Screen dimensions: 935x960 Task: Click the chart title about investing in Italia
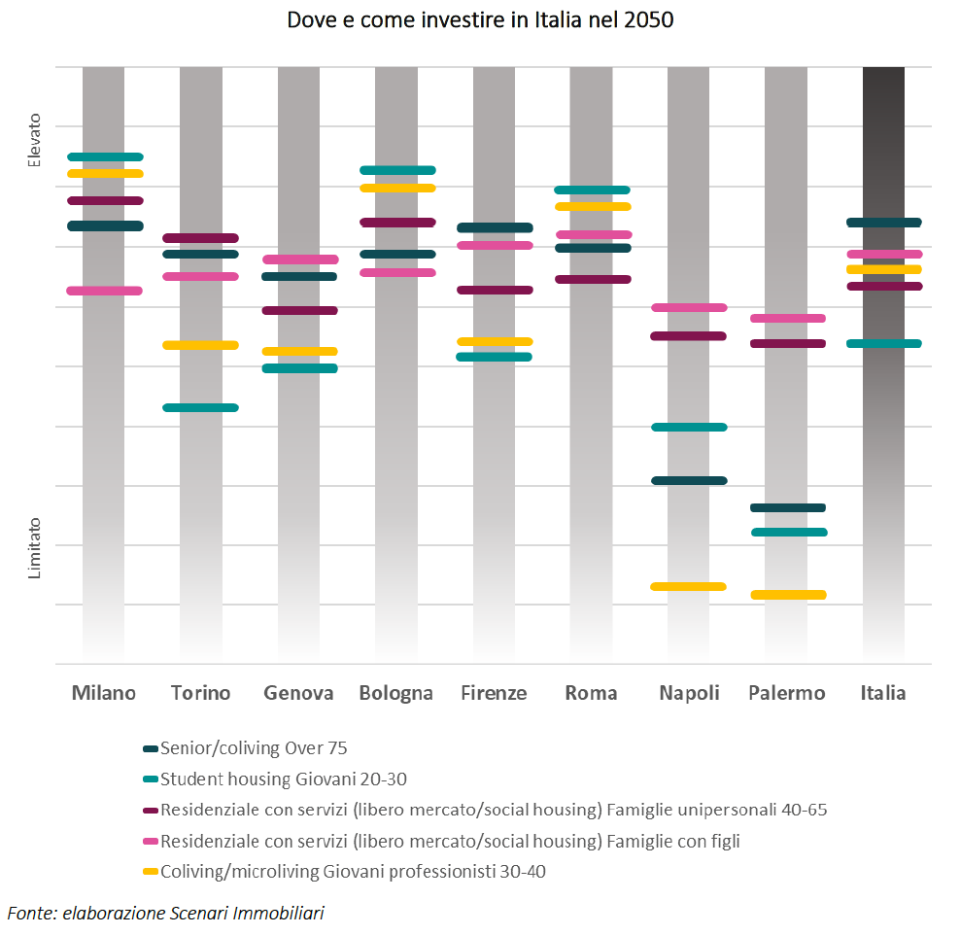tap(480, 20)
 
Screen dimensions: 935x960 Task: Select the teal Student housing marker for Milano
tap(105, 156)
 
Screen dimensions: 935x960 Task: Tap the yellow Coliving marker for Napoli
tap(688, 586)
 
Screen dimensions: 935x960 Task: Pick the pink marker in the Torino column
tap(201, 276)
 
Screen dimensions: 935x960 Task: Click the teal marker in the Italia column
tap(883, 343)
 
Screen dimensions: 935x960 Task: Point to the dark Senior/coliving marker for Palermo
tap(788, 507)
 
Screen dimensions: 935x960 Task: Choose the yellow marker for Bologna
tap(397, 188)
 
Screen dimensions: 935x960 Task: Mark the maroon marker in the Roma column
tap(592, 279)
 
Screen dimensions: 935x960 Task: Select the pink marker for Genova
tap(300, 260)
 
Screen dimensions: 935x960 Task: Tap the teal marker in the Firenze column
tap(495, 357)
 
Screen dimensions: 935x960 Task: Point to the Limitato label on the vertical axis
tap(35, 548)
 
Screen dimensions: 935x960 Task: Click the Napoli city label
tap(689, 693)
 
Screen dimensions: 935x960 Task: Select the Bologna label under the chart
tap(395, 693)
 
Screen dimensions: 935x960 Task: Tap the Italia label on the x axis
tap(882, 693)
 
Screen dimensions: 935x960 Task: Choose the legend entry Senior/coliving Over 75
tap(254, 748)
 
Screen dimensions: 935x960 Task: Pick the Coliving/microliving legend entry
tap(353, 872)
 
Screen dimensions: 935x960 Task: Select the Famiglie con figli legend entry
tap(450, 841)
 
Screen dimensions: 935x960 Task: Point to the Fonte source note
tap(166, 913)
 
